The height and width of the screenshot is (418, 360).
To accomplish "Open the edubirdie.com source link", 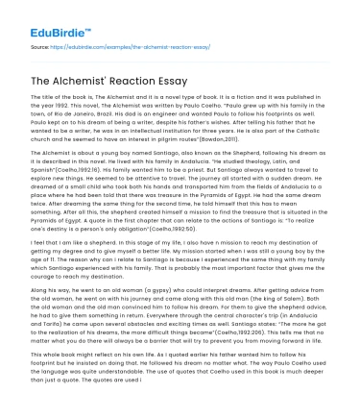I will click(x=144, y=44).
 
